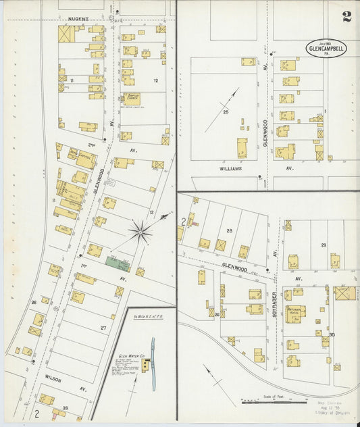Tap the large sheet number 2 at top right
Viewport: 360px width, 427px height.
pos(346,17)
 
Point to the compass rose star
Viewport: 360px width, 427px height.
pos(140,233)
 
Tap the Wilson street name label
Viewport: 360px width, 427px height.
pos(53,380)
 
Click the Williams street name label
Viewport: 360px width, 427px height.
pos(230,169)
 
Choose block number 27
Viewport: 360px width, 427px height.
pos(103,328)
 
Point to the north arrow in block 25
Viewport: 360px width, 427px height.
pos(224,118)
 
